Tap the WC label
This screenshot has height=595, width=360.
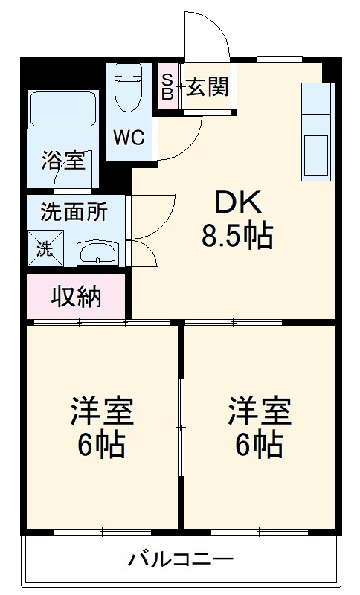click(129, 138)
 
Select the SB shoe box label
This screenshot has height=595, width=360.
click(167, 88)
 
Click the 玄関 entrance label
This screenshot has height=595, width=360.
click(207, 88)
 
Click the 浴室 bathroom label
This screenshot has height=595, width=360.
click(62, 160)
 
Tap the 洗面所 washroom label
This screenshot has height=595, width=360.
click(74, 212)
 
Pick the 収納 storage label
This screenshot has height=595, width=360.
click(76, 297)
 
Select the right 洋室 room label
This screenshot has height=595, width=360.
click(259, 411)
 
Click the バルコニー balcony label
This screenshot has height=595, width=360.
click(180, 558)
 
